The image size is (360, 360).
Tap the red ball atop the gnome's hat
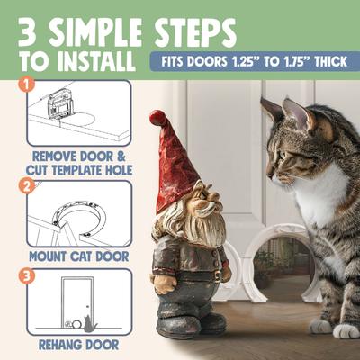point(157,117)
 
